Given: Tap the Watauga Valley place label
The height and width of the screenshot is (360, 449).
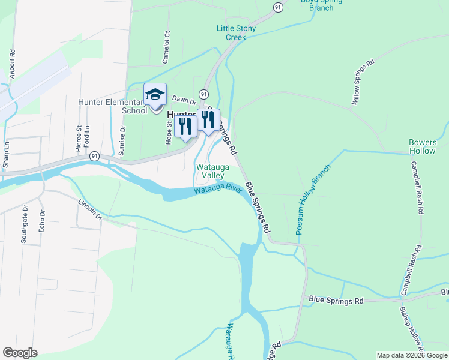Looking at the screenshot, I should point(209,170).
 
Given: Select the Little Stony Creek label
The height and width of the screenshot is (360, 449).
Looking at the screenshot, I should point(236,32).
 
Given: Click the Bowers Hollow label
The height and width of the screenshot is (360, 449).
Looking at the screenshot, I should point(423,146).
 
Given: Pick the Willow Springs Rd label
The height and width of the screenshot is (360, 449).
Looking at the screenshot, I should point(363,83).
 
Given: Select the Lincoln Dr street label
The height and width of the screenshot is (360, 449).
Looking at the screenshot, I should point(90,211).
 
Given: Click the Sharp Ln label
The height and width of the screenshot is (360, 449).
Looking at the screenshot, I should point(6,154).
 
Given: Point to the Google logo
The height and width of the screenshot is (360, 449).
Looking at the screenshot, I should point(20,353).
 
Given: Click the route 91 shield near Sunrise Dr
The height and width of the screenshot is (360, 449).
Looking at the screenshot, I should point(94,156).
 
